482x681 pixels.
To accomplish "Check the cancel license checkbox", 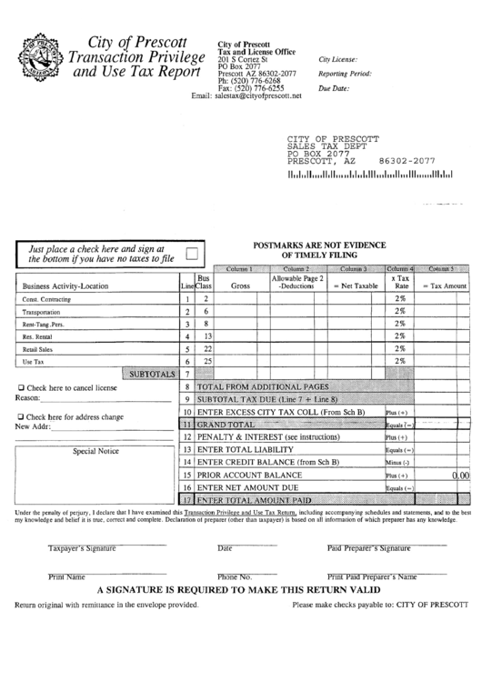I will click(x=21, y=386).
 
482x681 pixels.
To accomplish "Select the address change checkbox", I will click(x=21, y=416).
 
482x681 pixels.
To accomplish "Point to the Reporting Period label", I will click(x=345, y=74).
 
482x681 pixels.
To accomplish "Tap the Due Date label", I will click(x=334, y=88).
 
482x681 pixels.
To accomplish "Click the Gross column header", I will click(x=240, y=285).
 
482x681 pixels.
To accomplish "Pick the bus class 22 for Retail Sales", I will click(x=206, y=348).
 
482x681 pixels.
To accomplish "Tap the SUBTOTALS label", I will click(x=151, y=374).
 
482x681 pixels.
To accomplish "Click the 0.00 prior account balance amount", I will click(x=460, y=475).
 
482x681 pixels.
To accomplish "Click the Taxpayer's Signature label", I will click(x=82, y=548).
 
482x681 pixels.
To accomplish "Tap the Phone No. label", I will click(x=234, y=576).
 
